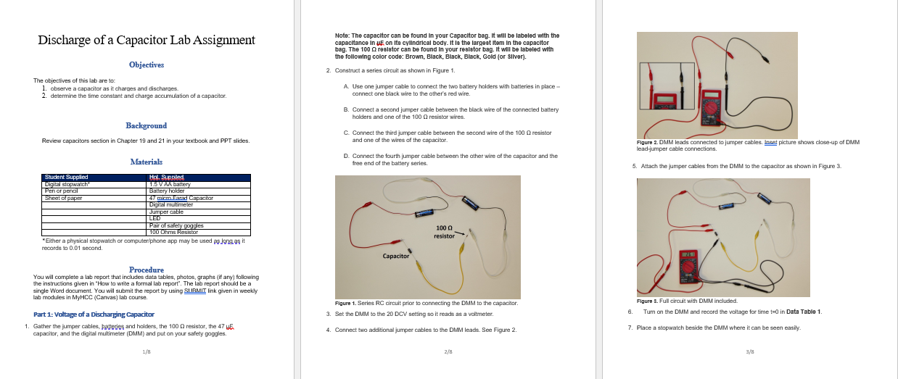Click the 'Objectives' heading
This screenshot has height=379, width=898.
click(x=147, y=64)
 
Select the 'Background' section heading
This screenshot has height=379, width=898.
click(x=146, y=125)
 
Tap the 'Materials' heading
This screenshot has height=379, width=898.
click(x=146, y=161)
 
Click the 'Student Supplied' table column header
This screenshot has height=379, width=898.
click(x=67, y=177)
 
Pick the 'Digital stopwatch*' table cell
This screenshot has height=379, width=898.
click(x=67, y=184)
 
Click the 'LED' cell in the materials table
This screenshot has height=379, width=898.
click(x=155, y=218)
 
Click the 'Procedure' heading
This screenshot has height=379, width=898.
click(x=146, y=270)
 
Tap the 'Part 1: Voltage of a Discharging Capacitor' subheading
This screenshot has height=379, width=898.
click(x=94, y=314)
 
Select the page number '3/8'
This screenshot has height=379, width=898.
click(x=750, y=351)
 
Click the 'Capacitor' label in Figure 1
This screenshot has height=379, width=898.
click(x=396, y=256)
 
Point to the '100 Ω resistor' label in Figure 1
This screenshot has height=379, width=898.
click(x=444, y=232)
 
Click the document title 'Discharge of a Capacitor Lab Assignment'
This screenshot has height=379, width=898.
click(x=147, y=41)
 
